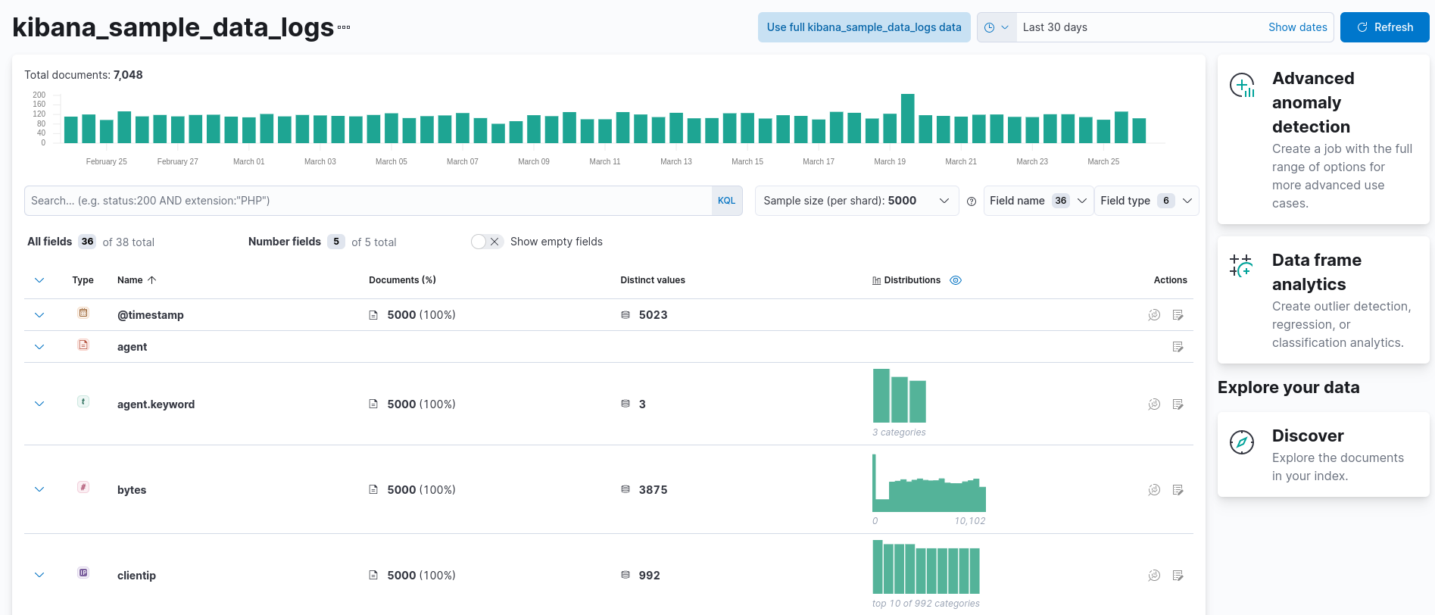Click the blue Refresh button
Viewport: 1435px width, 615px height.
[1384, 27]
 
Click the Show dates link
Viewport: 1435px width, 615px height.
[1297, 27]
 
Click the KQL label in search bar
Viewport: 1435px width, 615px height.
[726, 201]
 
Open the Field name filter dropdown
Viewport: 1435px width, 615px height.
[1037, 201]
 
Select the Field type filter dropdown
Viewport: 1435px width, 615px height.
[1146, 201]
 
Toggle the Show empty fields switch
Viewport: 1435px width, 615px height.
[487, 242]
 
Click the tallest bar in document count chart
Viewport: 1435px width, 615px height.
[907, 118]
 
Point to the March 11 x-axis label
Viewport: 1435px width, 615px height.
[604, 161]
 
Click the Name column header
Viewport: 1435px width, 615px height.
[130, 280]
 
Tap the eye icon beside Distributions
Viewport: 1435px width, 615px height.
[956, 280]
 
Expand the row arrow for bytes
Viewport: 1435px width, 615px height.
[39, 489]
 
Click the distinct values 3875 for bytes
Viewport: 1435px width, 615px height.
[653, 490]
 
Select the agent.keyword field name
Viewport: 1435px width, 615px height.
[156, 404]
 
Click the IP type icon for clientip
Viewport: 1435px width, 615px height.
[83, 573]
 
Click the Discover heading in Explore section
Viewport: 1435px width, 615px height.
[1307, 435]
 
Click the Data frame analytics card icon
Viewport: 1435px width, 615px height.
[1241, 266]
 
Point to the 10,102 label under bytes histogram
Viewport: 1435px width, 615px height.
[969, 521]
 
